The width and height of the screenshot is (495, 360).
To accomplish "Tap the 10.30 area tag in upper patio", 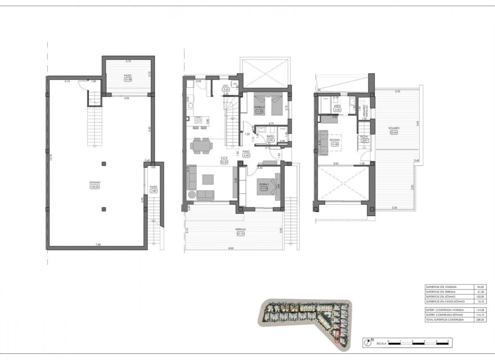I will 128,80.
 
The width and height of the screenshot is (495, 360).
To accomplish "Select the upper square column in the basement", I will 103,164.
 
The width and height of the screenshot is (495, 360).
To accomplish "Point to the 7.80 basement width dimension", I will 98,244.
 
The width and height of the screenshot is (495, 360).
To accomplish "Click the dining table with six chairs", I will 200,146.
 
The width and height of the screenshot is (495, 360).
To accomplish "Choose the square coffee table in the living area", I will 208,180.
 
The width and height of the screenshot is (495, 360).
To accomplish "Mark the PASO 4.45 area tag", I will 246,155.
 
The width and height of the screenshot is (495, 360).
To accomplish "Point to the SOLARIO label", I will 393,128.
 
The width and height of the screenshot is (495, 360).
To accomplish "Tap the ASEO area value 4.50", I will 337,110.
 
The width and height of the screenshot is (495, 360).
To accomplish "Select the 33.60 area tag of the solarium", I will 394,133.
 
